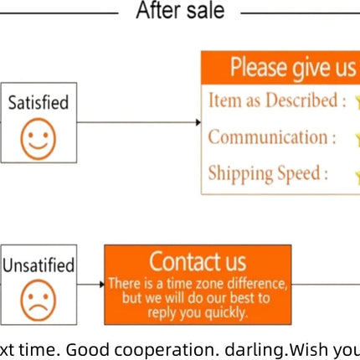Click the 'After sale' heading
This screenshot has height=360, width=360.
(x=180, y=10)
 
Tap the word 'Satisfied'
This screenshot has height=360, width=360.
(x=39, y=102)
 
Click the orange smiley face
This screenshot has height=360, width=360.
(x=39, y=139)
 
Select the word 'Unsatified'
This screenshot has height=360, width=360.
(x=39, y=265)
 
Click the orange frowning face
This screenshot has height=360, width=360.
(x=39, y=301)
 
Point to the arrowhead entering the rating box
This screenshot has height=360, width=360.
(x=198, y=122)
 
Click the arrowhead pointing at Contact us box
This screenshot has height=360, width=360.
(x=102, y=285)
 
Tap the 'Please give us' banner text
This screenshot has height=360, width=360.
(x=293, y=68)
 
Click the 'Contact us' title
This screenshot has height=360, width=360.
(x=198, y=261)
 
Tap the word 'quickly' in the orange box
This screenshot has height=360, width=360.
(x=226, y=313)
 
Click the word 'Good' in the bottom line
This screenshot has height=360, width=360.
(x=87, y=350)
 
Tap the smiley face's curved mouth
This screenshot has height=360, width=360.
(x=39, y=146)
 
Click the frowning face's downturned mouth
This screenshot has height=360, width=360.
(x=39, y=308)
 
